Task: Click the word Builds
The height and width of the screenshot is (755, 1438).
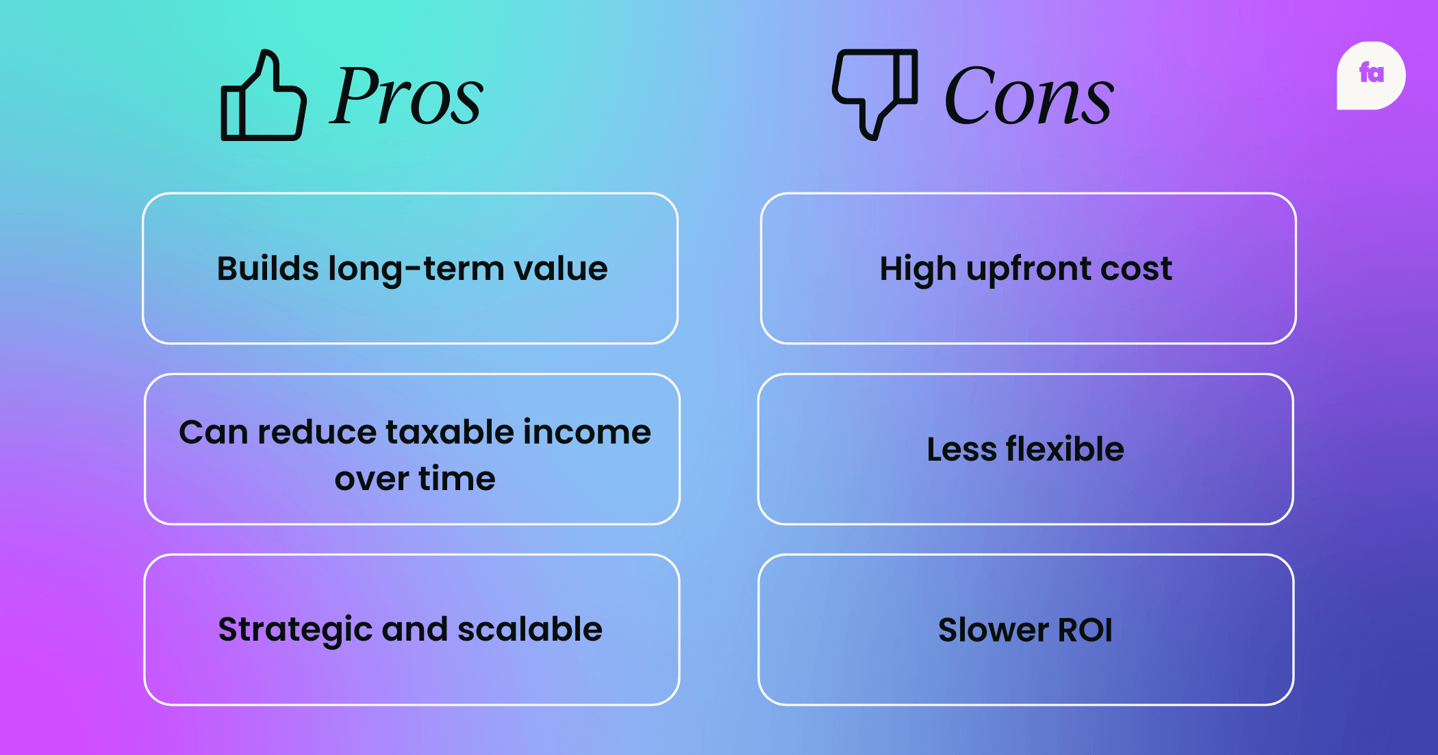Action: (x=268, y=268)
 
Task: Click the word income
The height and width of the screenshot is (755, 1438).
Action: (x=588, y=432)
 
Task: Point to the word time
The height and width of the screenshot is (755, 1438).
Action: (x=457, y=478)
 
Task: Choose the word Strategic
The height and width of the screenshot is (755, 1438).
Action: (x=295, y=630)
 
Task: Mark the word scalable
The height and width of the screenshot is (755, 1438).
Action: (x=530, y=628)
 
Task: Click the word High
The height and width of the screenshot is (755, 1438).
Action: (x=918, y=269)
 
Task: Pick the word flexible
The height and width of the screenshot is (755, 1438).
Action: (x=1065, y=449)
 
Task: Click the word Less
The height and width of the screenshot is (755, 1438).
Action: (x=962, y=449)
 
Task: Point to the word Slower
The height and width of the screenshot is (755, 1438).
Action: (x=993, y=630)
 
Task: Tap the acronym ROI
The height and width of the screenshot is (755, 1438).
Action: (x=1085, y=630)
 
